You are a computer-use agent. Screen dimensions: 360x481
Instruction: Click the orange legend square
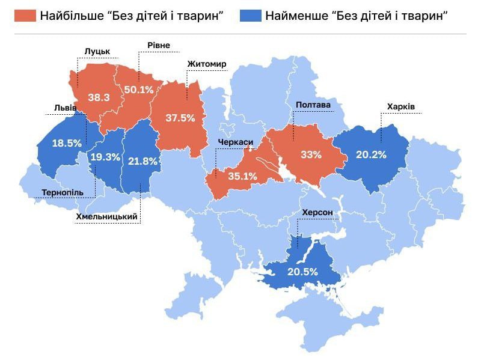(25, 16)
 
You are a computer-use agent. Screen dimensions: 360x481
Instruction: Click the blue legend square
(250, 16)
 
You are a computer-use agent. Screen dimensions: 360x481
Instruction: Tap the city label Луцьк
(97, 53)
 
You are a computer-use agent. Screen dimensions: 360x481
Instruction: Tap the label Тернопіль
(67, 193)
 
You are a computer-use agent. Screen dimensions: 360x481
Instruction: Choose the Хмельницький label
(108, 217)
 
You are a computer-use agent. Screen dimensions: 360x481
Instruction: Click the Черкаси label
(236, 142)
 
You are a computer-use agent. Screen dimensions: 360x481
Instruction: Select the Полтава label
(313, 105)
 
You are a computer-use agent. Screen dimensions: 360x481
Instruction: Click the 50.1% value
(139, 90)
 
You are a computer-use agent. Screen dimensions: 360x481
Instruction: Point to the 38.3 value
(99, 97)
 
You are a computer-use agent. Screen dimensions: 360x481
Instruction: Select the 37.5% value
(180, 118)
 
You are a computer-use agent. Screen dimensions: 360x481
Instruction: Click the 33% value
(311, 154)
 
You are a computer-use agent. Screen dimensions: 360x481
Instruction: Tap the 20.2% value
(371, 154)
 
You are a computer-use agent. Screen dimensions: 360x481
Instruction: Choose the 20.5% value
(302, 272)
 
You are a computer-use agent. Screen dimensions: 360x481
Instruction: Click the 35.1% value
(243, 177)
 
